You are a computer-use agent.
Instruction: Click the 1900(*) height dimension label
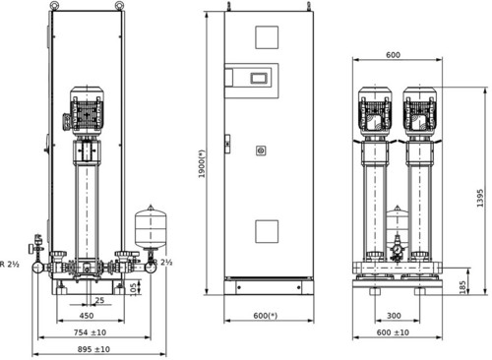pyautogui.click(x=202, y=164)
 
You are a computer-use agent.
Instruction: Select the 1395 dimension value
pyautogui.click(x=480, y=198)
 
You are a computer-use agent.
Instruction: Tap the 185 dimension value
pyautogui.click(x=462, y=287)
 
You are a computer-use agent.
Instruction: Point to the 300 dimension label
pyautogui.click(x=394, y=316)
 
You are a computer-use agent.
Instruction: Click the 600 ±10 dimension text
pyautogui.click(x=393, y=332)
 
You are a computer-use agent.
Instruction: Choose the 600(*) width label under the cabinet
pyautogui.click(x=266, y=316)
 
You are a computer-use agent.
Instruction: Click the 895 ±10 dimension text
pyautogui.click(x=93, y=349)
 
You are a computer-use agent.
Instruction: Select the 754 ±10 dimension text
pyautogui.click(x=90, y=332)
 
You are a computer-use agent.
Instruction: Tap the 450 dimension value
pyautogui.click(x=87, y=316)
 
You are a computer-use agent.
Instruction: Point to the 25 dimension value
pyautogui.click(x=99, y=300)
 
